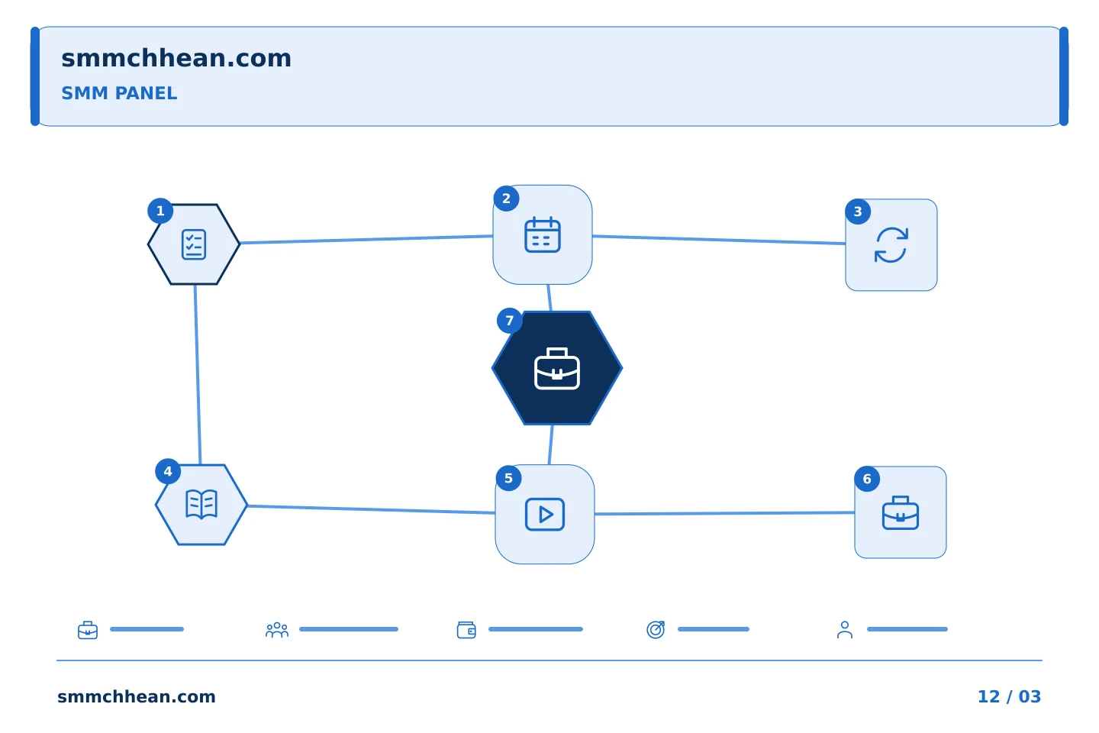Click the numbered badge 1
click(x=160, y=211)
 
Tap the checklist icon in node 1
click(x=194, y=244)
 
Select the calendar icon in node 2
click(x=542, y=234)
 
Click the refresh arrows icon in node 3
click(x=891, y=245)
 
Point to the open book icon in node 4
click(x=201, y=504)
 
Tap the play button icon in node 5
click(x=545, y=514)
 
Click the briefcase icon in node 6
click(x=901, y=512)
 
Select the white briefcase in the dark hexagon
click(x=557, y=368)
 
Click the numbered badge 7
click(x=509, y=321)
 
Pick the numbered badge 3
click(x=858, y=212)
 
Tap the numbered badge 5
click(x=508, y=478)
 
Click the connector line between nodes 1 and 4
click(x=198, y=375)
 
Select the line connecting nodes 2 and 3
click(x=719, y=240)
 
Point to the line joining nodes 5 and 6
click(x=725, y=513)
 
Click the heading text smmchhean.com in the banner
click(x=176, y=58)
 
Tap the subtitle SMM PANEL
click(x=119, y=93)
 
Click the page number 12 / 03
click(x=1009, y=696)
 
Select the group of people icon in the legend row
click(x=277, y=629)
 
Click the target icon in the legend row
click(x=656, y=629)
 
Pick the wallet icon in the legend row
click(x=466, y=629)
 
